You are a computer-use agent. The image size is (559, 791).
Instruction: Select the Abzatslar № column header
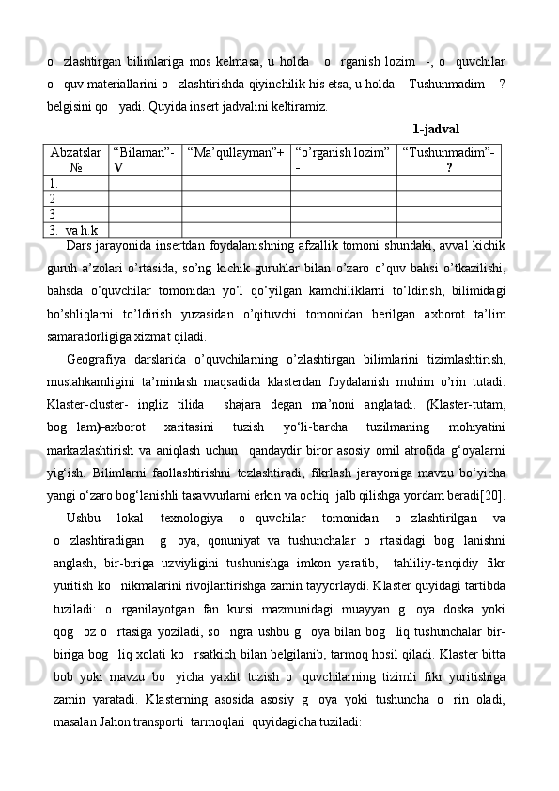[x=77, y=157]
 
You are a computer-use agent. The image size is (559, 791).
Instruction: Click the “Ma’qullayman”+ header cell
[x=234, y=150]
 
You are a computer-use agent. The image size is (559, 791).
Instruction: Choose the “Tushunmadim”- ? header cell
[x=449, y=157]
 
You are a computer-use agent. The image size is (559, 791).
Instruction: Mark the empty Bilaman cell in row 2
[x=145, y=198]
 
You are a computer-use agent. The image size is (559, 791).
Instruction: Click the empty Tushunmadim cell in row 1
[x=449, y=183]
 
